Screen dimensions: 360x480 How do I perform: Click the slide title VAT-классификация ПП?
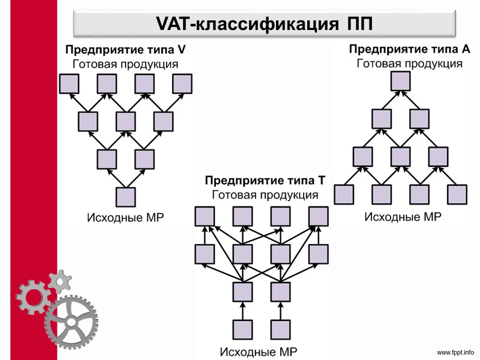click(x=263, y=24)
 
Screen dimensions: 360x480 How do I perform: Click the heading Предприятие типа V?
click(x=125, y=50)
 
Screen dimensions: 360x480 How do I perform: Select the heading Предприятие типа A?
click(x=409, y=49)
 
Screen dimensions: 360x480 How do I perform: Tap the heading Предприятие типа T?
click(x=265, y=181)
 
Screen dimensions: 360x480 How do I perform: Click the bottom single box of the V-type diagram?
click(x=125, y=197)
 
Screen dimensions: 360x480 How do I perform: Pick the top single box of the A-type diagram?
click(x=400, y=81)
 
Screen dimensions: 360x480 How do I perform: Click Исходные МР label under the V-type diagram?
click(x=125, y=217)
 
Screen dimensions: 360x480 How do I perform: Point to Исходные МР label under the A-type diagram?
click(x=403, y=216)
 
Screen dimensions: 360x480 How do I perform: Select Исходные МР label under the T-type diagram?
click(x=259, y=351)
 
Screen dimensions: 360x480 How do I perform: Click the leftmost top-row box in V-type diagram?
click(x=69, y=83)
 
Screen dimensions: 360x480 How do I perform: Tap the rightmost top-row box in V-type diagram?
click(x=182, y=83)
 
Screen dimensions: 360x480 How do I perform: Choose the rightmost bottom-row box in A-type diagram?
click(x=457, y=194)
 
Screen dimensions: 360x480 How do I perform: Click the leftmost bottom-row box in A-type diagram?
click(x=344, y=194)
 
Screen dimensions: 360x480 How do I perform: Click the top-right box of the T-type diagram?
click(x=317, y=216)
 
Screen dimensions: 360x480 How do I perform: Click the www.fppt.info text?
click(x=455, y=352)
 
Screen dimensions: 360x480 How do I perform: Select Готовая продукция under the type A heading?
click(x=409, y=63)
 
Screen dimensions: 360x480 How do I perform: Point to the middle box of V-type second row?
click(x=125, y=121)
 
